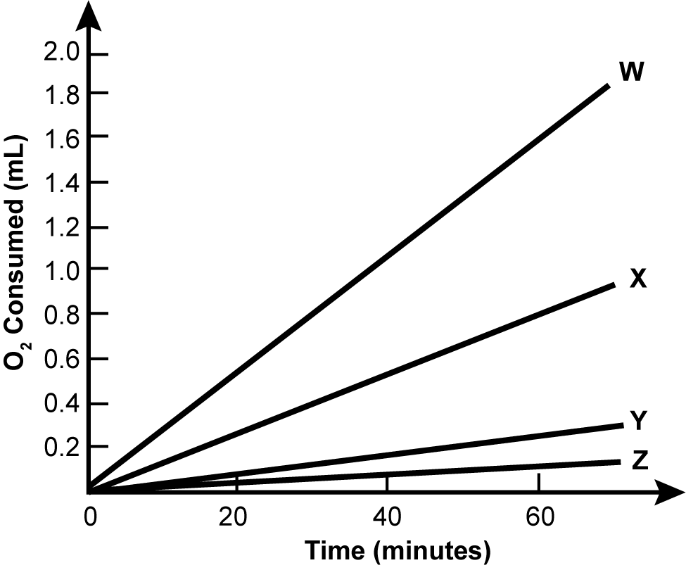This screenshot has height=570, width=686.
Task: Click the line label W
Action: (x=631, y=72)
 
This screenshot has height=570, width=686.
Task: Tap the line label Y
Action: (x=637, y=421)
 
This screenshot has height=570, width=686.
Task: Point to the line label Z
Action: (x=639, y=461)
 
